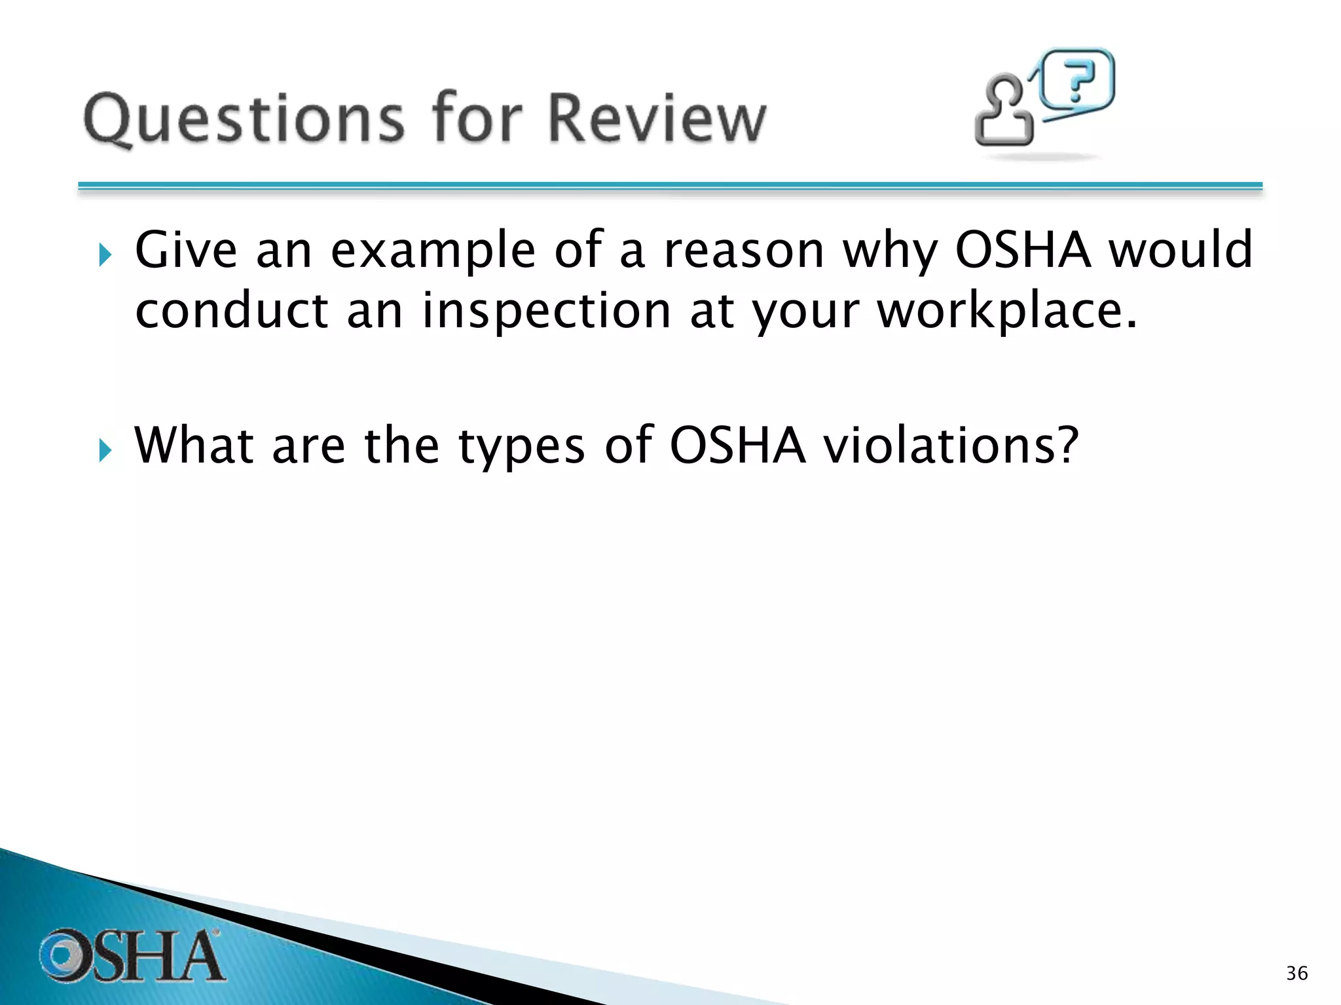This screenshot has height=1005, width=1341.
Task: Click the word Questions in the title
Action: coord(244,119)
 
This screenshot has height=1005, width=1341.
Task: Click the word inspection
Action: coord(546,311)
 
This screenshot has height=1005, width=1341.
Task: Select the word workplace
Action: coord(1007,311)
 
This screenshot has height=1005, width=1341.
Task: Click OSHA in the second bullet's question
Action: coord(737,446)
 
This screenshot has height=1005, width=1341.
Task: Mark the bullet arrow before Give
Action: coord(105,255)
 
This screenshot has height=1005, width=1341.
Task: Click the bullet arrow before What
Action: coord(105,450)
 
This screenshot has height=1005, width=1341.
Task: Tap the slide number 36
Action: coord(1296,974)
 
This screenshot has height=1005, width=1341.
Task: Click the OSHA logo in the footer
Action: coord(131,955)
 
